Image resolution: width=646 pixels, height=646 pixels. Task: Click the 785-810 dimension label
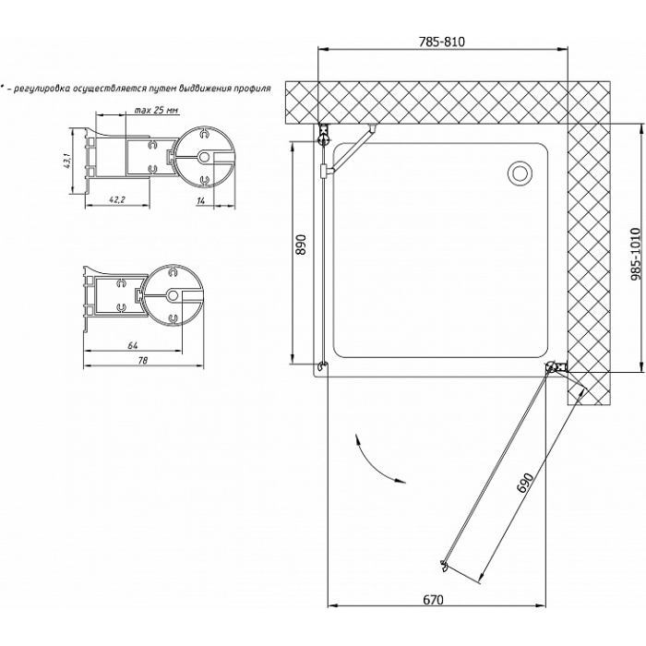tap(442, 42)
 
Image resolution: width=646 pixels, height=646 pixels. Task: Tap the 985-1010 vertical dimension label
tap(635, 254)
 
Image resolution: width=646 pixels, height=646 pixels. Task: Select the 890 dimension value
tap(302, 245)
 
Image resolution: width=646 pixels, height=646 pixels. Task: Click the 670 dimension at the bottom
tap(434, 600)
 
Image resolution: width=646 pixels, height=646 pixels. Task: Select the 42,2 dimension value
tap(117, 200)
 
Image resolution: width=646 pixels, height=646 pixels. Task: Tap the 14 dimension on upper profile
tap(201, 200)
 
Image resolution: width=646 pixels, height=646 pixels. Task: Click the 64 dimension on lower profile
tap(132, 346)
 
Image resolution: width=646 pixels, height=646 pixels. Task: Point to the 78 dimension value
tap(143, 361)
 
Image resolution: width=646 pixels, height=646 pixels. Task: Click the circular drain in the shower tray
tap(520, 173)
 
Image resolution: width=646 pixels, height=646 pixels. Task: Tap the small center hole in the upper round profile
tap(203, 157)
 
